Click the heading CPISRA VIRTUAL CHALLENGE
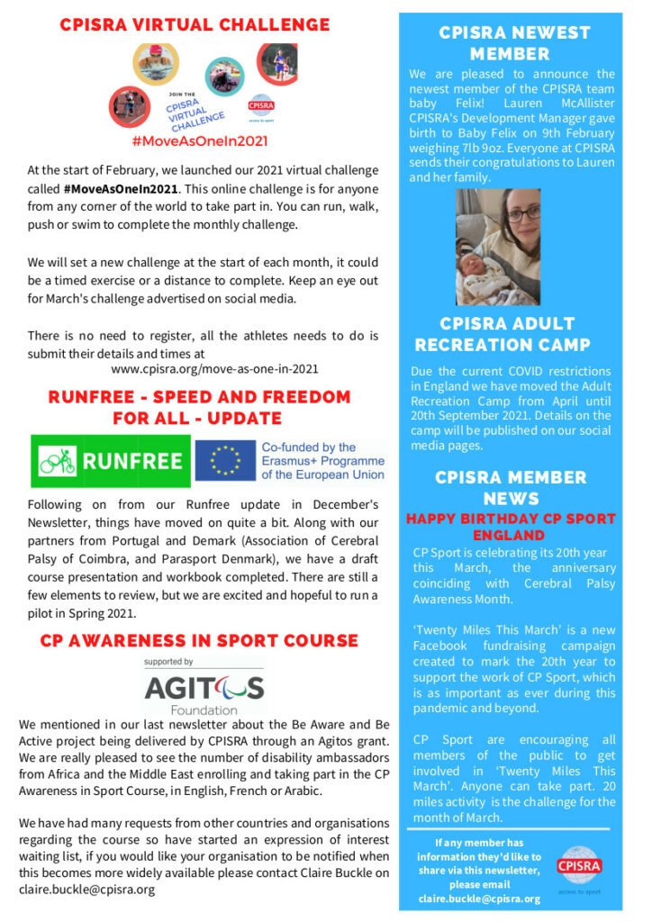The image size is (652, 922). [x=195, y=25]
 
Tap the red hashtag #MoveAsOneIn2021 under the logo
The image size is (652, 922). [x=199, y=141]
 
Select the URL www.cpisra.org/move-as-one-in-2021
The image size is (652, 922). [x=214, y=368]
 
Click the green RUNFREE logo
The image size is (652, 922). [x=111, y=461]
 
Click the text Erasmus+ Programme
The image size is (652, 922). [x=321, y=461]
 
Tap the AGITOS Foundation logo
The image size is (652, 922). [x=204, y=691]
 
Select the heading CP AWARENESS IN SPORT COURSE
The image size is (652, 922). [x=199, y=641]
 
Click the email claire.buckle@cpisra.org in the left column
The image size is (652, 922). [x=87, y=889]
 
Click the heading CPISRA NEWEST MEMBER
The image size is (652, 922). [x=514, y=43]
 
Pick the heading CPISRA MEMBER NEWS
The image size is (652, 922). [x=511, y=487]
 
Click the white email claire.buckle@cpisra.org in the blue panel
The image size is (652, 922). [x=479, y=899]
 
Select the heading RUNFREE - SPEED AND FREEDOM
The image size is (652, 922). [x=199, y=397]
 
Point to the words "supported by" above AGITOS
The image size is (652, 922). [x=176, y=662]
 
